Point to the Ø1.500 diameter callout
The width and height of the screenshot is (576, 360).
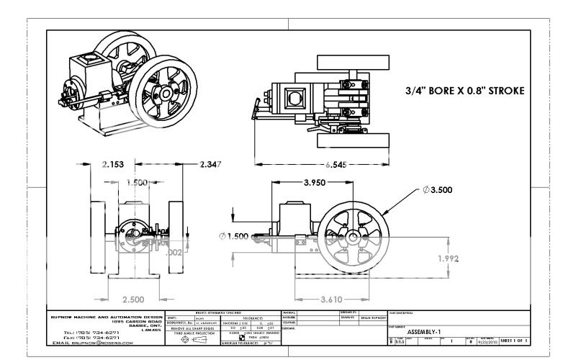[237, 235]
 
